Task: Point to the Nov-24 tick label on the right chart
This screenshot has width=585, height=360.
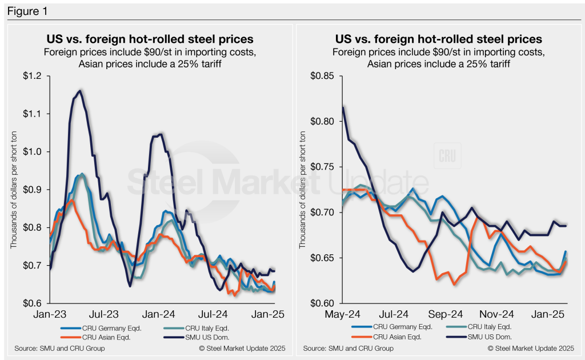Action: pos(496,314)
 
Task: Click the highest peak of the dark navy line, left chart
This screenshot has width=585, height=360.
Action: pos(80,90)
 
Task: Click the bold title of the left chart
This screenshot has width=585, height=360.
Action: pos(150,39)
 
